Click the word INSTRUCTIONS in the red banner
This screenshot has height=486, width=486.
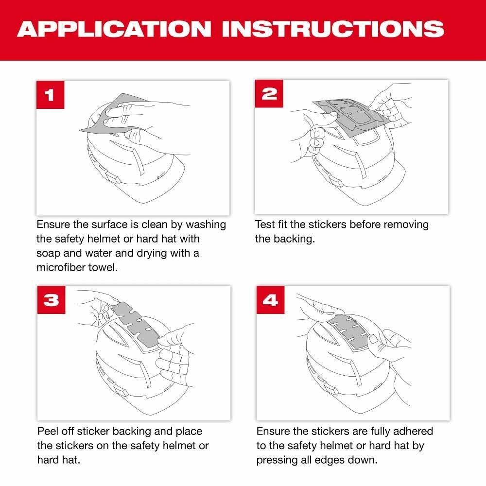(337, 30)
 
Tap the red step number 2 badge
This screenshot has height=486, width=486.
(268, 94)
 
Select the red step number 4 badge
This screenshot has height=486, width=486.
(270, 300)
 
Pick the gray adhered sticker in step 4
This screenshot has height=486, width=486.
(350, 330)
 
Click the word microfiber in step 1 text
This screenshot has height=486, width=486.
(59, 268)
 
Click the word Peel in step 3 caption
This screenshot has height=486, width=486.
(47, 431)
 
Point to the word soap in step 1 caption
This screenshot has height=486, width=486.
(47, 254)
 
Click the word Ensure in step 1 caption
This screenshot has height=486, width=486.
(53, 225)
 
